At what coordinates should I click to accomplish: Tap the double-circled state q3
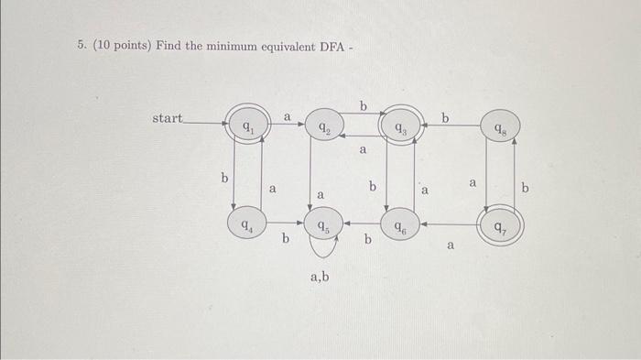399,127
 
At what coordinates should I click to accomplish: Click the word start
168,118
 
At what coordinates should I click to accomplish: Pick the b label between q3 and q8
446,118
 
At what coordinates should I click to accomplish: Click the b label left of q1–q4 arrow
223,177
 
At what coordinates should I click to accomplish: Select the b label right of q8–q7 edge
526,188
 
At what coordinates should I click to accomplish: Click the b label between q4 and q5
285,240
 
